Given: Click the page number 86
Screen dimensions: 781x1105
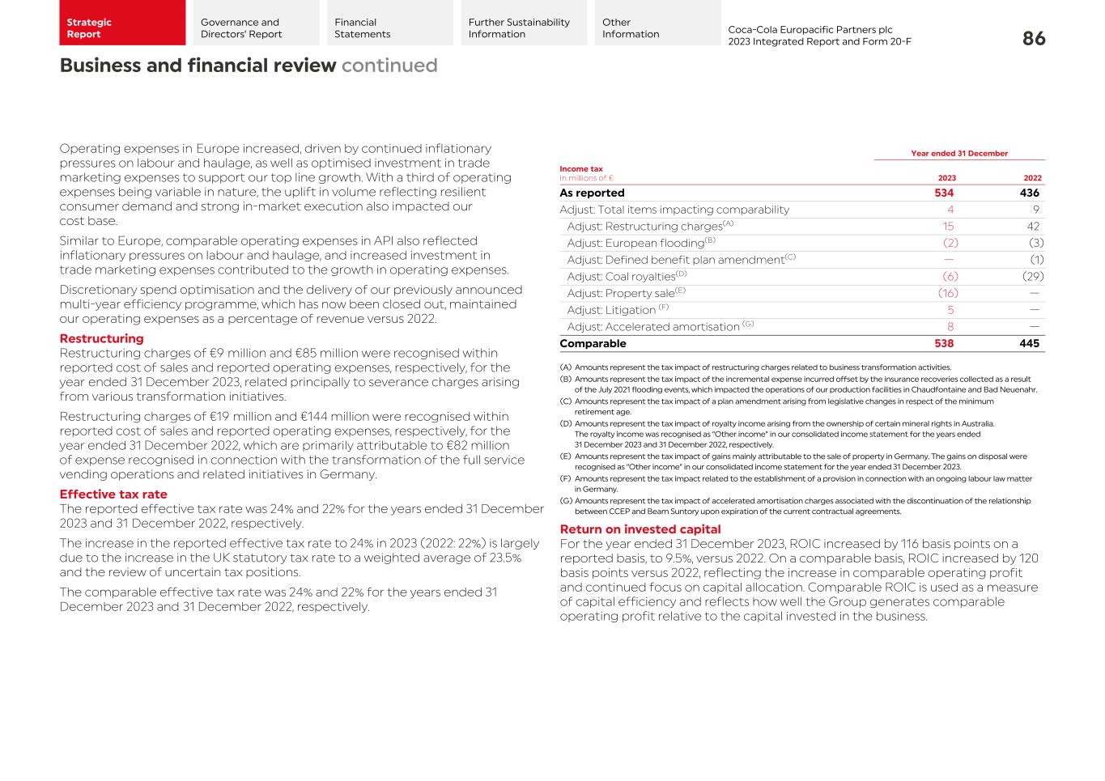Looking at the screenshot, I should (x=1034, y=39).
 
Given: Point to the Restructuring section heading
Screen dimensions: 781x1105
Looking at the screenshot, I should (x=101, y=338).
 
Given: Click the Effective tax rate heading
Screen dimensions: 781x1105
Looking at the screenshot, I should (x=113, y=494).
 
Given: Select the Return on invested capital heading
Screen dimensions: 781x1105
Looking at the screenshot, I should (x=640, y=529).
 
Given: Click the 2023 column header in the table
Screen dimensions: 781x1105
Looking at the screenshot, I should (x=946, y=178).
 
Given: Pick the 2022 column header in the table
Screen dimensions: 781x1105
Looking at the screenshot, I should (x=1032, y=178).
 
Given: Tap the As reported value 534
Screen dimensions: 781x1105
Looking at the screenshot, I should (x=944, y=193).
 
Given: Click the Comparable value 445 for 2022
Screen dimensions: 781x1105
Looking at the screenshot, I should (x=1029, y=344).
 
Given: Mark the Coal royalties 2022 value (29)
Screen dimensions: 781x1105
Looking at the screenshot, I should (x=1032, y=277).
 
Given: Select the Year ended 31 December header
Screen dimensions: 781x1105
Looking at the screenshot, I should (x=959, y=153).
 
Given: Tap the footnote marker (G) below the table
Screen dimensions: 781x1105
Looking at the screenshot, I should (x=565, y=501).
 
